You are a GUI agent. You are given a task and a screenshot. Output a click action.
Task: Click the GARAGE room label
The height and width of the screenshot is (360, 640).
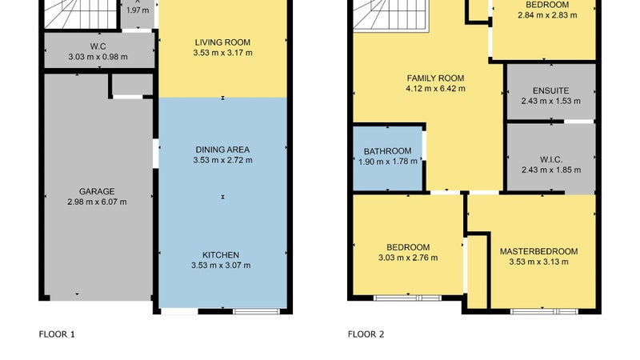coord(97,191)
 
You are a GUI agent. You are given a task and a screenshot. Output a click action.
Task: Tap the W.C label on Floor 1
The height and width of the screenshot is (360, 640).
coord(98,46)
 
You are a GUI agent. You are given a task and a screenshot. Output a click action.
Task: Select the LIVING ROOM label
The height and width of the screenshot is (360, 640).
coord(222,42)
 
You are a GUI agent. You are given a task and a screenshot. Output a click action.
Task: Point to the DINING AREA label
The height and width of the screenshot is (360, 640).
coord(222,150)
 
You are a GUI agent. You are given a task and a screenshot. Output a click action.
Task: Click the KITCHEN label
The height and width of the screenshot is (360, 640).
coord(221,255)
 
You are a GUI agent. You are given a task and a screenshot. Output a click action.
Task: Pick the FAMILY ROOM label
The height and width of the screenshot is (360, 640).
coord(435,78)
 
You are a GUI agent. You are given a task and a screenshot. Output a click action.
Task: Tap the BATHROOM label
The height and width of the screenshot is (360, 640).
coord(388,151)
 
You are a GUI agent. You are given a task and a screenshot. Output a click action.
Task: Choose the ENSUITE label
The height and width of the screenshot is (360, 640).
coord(550,91)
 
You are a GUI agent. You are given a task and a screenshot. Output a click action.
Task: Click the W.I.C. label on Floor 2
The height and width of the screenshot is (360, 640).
coord(551,159)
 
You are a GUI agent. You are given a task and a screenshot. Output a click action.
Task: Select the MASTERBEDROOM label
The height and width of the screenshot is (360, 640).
coord(538,251)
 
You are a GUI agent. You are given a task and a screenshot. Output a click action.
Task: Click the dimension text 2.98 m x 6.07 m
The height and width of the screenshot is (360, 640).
coord(97,202)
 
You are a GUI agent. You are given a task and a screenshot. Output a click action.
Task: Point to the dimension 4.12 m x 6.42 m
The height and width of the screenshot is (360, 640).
coord(435,89)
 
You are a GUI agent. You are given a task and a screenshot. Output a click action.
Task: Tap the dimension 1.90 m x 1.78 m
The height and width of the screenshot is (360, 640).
coord(388,162)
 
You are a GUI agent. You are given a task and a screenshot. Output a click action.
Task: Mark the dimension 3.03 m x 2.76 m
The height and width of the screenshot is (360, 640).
coord(408,258)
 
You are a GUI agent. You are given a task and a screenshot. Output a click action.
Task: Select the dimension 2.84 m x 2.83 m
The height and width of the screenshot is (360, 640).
coord(547,15)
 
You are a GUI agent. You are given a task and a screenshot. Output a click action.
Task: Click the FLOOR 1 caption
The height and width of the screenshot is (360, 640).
coord(57,334)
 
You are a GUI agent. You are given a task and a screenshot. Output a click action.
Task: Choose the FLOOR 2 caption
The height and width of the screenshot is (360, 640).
coord(366,334)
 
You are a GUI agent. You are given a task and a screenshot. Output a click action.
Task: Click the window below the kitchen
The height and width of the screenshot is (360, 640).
coord(257,311)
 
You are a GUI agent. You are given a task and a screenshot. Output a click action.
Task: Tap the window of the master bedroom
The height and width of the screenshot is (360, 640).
coord(544,311)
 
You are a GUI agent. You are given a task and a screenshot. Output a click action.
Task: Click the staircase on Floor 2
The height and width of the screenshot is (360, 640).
coord(390,14)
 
